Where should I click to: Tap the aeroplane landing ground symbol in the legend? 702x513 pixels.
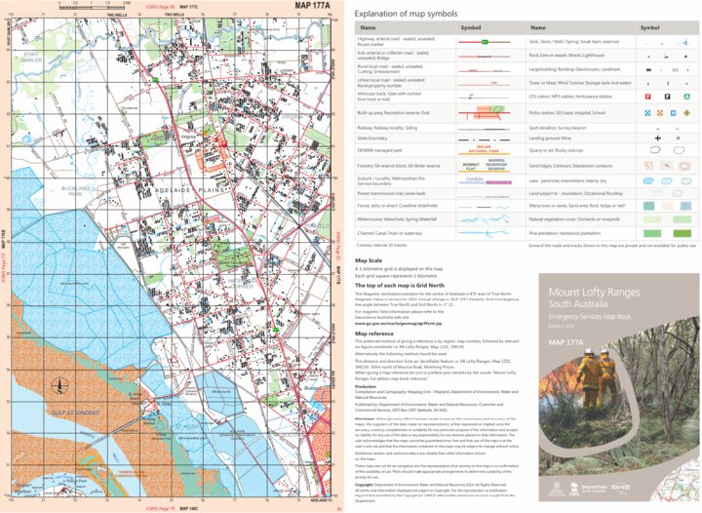[x=656, y=138]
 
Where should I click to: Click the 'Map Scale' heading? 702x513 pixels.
[x=368, y=261]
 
